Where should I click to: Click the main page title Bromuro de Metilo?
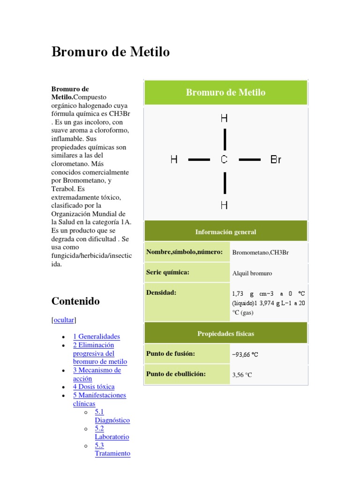111,52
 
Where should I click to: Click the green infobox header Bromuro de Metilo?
225,92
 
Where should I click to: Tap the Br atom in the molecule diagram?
276,160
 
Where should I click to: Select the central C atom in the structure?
225,160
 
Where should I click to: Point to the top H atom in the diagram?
225,119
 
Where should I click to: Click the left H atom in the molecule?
174,160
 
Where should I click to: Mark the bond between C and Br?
249,160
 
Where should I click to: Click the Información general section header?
225,232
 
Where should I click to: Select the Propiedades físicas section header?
225,334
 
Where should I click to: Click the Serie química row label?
168,272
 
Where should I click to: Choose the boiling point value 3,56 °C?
242,375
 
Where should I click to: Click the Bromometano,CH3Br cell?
260,253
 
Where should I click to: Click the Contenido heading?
75,301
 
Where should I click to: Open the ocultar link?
64,320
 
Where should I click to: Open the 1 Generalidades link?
97,337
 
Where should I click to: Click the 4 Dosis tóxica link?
94,387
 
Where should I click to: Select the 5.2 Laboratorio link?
112,433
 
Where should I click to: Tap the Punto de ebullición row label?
176,374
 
